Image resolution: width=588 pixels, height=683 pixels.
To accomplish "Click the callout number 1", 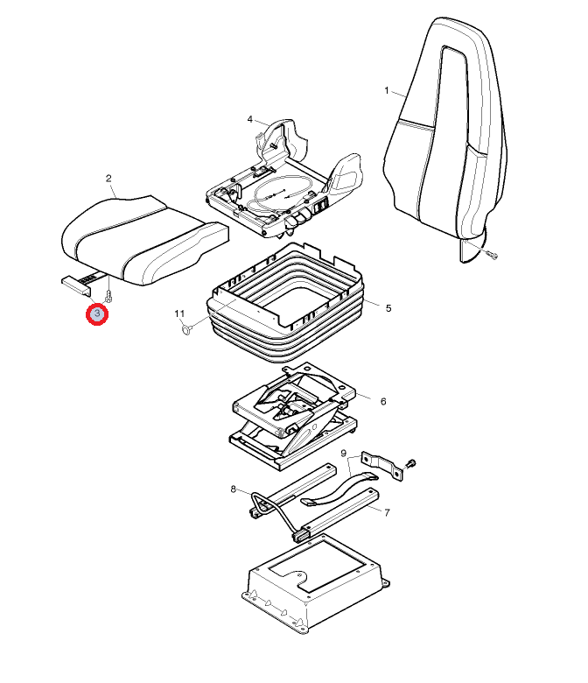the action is click(387, 90).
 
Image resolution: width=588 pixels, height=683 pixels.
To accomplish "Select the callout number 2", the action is click(108, 178).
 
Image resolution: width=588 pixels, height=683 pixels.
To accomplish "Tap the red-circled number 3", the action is click(97, 313).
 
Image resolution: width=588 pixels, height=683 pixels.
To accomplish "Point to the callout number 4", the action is click(250, 119).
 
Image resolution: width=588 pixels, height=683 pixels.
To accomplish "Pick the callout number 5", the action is click(388, 308).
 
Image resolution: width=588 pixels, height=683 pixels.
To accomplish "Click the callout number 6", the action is click(383, 401).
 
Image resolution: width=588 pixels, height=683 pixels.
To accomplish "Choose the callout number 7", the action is click(387, 512).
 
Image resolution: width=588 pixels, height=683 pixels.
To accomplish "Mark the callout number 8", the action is click(234, 489).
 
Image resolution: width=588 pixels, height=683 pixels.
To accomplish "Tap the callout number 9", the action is click(343, 454).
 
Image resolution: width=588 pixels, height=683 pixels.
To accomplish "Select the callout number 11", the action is click(179, 313).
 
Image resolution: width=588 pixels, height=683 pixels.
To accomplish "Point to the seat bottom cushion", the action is click(143, 239).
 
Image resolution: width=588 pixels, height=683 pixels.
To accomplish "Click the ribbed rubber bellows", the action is click(285, 305).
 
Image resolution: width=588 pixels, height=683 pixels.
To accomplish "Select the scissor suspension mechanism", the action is click(294, 416).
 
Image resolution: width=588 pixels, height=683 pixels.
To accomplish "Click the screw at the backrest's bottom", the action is click(492, 255).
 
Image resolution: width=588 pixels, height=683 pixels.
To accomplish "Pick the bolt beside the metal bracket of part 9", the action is click(410, 464).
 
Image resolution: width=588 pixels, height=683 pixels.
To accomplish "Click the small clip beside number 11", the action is click(186, 329).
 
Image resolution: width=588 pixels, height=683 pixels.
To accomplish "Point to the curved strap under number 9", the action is click(339, 489).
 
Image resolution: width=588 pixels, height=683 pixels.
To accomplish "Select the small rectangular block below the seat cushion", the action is click(77, 285).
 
